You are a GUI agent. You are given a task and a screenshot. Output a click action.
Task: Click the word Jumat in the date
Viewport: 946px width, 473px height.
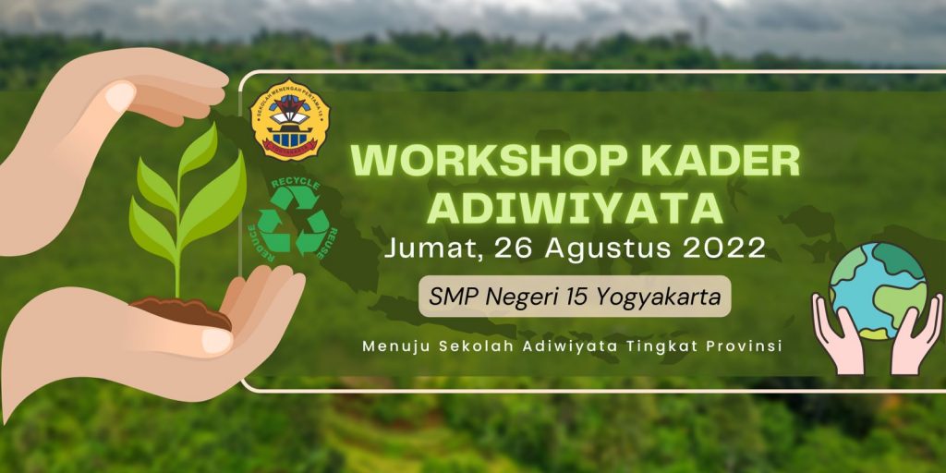pyautogui.click(x=431, y=249)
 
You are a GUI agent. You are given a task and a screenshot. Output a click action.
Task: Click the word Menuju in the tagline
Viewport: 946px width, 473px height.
pyautogui.click(x=394, y=346)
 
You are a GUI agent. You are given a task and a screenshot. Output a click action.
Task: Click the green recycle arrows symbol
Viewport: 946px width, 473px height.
pyautogui.click(x=293, y=222)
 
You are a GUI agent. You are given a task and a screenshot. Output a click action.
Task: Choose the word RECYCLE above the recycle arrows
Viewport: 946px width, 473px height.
pyautogui.click(x=295, y=185)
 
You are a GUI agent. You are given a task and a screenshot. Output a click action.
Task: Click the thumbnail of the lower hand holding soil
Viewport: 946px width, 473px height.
pyautogui.click(x=216, y=339)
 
